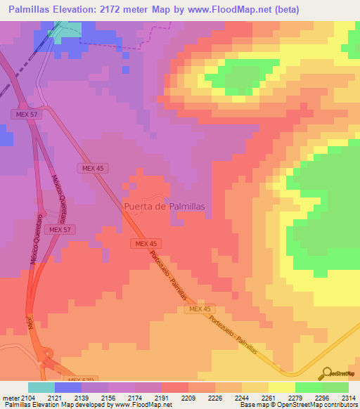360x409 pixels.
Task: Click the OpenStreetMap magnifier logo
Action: (326, 374)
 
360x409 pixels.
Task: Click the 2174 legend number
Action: (136, 397)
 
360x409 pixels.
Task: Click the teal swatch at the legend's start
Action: (41, 387)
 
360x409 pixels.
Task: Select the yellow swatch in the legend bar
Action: (281, 387)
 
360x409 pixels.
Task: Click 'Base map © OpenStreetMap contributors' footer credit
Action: (299, 405)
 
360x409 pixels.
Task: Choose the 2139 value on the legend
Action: (82, 397)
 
